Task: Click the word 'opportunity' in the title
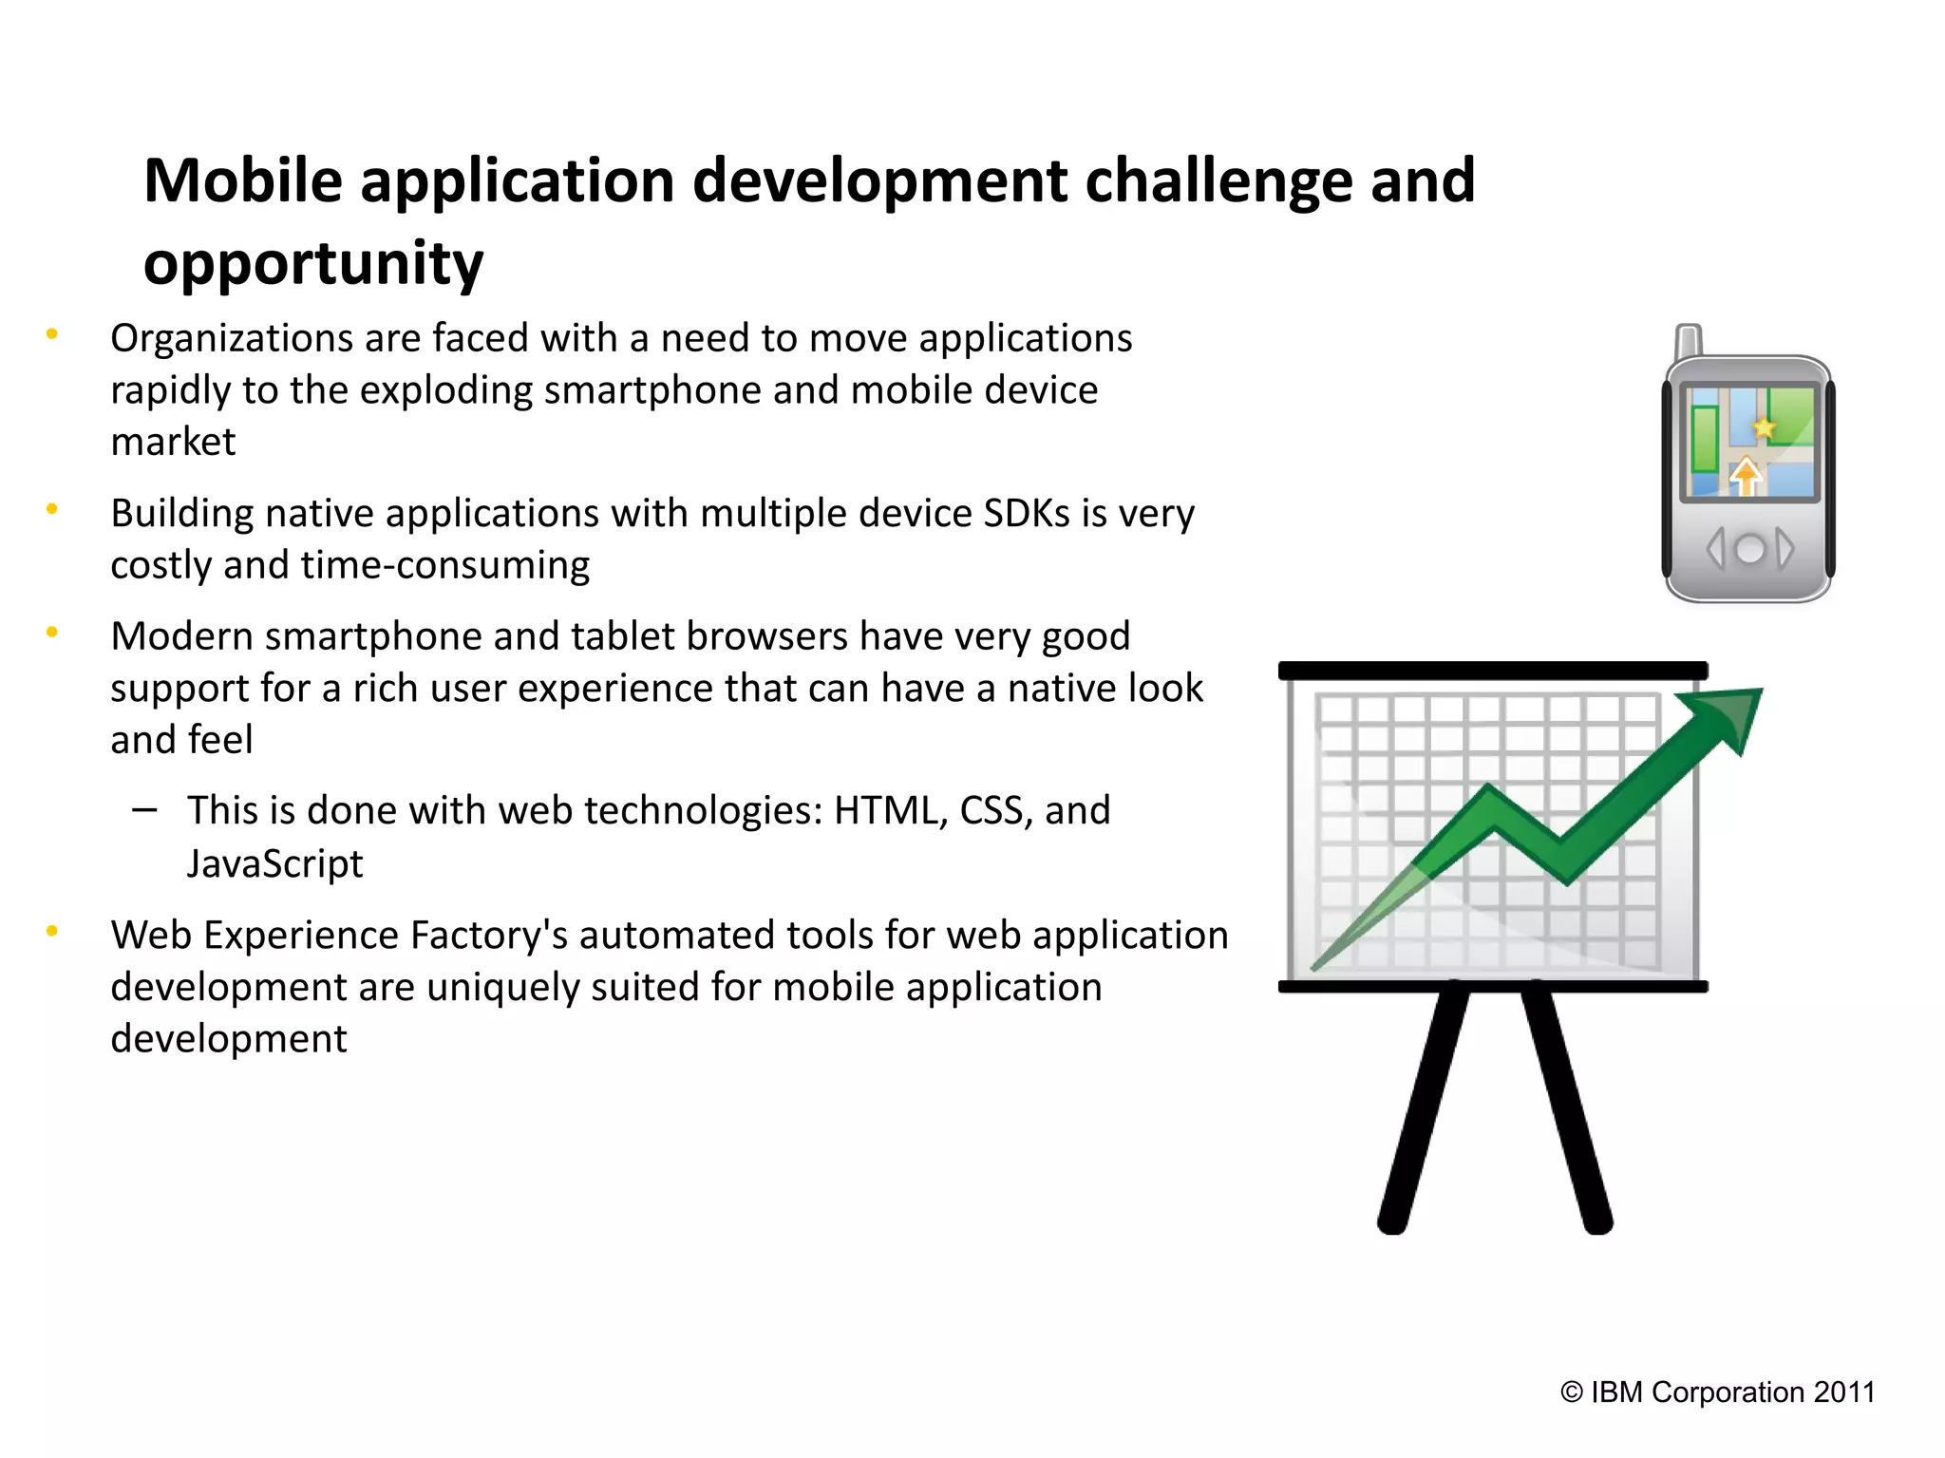313,263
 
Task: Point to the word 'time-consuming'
445,565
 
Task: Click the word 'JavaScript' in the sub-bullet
274,863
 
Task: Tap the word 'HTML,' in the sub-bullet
891,810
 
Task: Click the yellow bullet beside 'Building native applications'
52,509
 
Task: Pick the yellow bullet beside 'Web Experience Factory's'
52,931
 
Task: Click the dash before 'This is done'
144,809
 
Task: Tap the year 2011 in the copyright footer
1843,1392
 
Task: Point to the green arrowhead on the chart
1728,713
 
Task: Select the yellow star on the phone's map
1764,427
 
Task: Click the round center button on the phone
1748,549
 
